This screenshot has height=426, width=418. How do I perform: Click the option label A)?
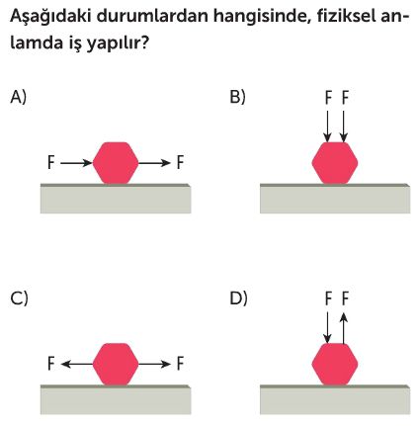pyautogui.click(x=18, y=98)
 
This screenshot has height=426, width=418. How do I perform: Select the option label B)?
pyautogui.click(x=237, y=98)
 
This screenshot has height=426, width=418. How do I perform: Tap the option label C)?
pyautogui.click(x=19, y=298)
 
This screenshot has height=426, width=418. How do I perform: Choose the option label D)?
pyautogui.click(x=238, y=298)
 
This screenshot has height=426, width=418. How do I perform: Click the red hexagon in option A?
pyautogui.click(x=116, y=163)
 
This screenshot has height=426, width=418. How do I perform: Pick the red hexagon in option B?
pyautogui.click(x=335, y=163)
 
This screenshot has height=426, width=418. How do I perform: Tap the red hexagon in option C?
pyautogui.click(x=116, y=364)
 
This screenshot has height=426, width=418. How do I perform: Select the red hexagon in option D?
pyautogui.click(x=335, y=364)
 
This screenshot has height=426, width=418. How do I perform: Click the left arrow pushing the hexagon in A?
pyautogui.click(x=76, y=163)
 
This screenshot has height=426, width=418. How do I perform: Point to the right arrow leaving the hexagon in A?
pyautogui.click(x=154, y=163)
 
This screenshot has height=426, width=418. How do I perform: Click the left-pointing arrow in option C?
pyautogui.click(x=77, y=364)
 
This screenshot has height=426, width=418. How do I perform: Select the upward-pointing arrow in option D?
pyautogui.click(x=344, y=328)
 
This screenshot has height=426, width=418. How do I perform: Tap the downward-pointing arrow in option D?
pyautogui.click(x=327, y=327)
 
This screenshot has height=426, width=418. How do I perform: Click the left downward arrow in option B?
pyautogui.click(x=327, y=127)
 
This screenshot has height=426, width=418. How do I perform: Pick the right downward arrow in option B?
pyautogui.click(x=344, y=127)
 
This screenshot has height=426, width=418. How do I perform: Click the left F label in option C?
pyautogui.click(x=50, y=364)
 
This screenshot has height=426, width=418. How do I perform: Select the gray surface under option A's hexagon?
pyautogui.click(x=116, y=199)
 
